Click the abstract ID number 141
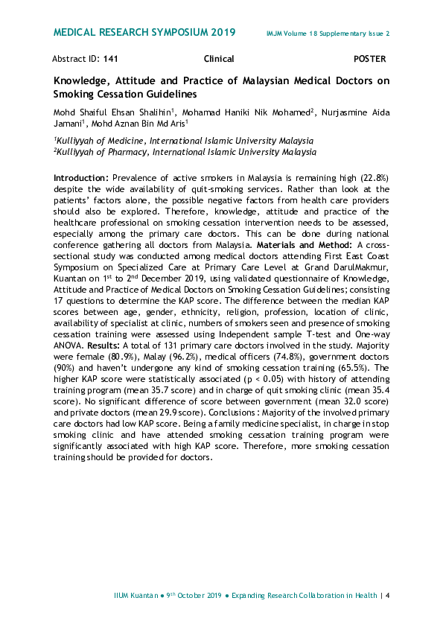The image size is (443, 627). (x=110, y=58)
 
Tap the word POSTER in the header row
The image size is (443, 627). (x=370, y=58)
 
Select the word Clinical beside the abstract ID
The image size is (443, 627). (x=219, y=58)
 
